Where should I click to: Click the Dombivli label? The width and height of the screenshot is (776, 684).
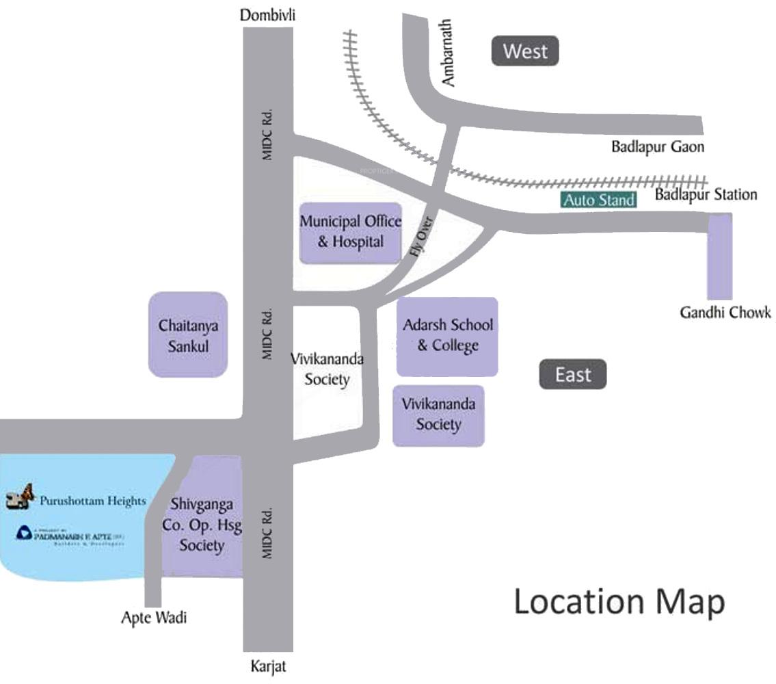pyautogui.click(x=267, y=15)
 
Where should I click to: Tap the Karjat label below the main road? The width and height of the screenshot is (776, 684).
pyautogui.click(x=268, y=667)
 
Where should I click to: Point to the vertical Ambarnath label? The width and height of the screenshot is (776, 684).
pyautogui.click(x=448, y=62)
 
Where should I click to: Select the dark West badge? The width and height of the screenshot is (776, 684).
pyautogui.click(x=525, y=51)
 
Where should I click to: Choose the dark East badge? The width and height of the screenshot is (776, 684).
pyautogui.click(x=572, y=375)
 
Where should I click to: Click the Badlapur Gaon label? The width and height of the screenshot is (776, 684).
pyautogui.click(x=658, y=146)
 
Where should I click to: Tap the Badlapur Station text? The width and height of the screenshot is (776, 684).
pyautogui.click(x=706, y=195)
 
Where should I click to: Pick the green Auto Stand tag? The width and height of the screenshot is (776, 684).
pyautogui.click(x=599, y=200)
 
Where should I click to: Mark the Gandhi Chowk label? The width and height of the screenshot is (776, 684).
pyautogui.click(x=725, y=313)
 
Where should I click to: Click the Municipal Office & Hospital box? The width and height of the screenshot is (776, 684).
pyautogui.click(x=351, y=233)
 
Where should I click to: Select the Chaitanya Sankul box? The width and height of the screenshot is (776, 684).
pyautogui.click(x=188, y=335)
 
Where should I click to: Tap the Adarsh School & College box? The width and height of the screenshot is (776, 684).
pyautogui.click(x=447, y=336)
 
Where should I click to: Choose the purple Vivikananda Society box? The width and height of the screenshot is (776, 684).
pyautogui.click(x=438, y=415)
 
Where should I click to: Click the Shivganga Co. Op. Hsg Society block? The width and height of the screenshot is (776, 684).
pyautogui.click(x=202, y=523)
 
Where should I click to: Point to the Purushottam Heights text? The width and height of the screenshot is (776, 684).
pyautogui.click(x=92, y=501)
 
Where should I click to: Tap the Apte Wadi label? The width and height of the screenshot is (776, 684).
pyautogui.click(x=154, y=618)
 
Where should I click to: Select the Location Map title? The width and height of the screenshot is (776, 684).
pyautogui.click(x=619, y=602)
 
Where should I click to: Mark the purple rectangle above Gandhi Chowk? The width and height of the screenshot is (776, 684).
pyautogui.click(x=719, y=256)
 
